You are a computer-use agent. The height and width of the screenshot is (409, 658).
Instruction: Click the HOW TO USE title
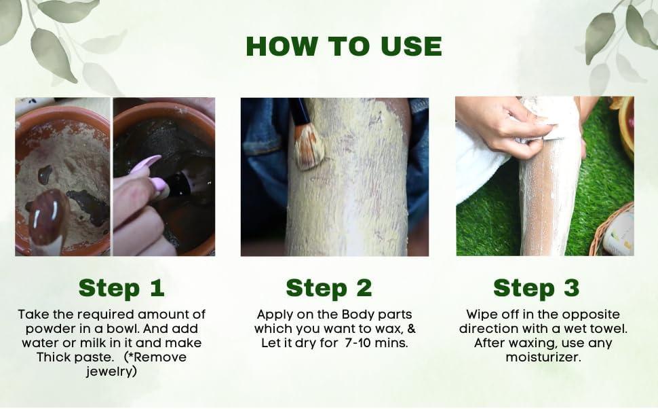[344, 46]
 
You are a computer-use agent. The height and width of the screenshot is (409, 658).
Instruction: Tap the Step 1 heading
[121, 288]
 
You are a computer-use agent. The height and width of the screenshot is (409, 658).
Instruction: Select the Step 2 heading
[329, 288]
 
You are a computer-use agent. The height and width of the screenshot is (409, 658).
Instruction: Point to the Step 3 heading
[537, 288]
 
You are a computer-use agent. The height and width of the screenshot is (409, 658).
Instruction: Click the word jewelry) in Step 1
[112, 372]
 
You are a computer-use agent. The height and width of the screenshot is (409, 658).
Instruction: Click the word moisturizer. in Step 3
[543, 357]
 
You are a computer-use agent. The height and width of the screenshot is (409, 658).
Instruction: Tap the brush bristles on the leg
[309, 148]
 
